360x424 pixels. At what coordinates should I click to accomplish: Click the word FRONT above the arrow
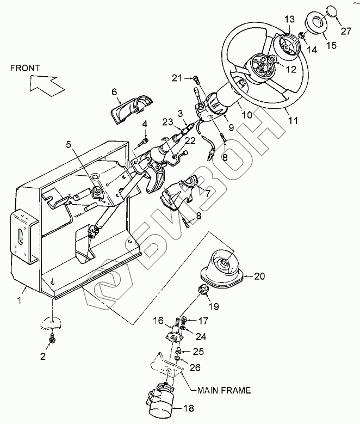coord(25,68)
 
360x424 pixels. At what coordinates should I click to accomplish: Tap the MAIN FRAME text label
coord(224,390)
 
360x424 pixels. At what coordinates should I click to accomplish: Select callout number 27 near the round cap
coord(346,32)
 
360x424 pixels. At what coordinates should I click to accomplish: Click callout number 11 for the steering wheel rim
coord(293,120)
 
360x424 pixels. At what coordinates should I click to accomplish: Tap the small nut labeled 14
coord(302,35)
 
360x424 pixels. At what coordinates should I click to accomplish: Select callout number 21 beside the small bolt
coord(177,78)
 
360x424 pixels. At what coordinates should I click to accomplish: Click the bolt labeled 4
coord(143,142)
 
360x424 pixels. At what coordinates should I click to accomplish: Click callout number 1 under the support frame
coord(19,300)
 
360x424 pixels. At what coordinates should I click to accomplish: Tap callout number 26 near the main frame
coord(195,367)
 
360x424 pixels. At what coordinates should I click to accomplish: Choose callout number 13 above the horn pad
coord(289,20)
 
